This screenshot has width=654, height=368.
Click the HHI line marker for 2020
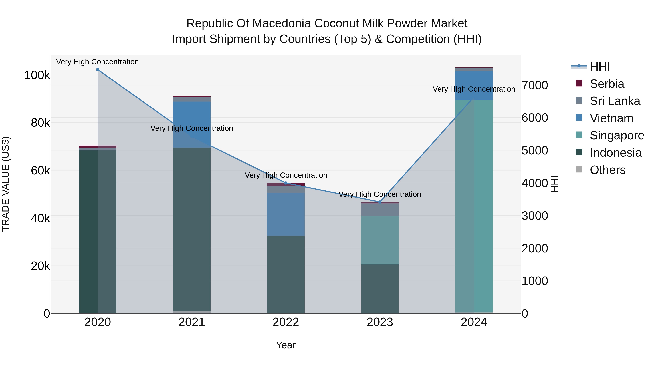point(98,70)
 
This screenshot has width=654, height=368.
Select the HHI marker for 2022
point(286,183)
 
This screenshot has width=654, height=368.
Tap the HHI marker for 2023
point(380,202)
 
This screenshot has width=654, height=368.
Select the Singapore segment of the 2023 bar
point(380,240)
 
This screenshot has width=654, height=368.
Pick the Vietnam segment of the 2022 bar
point(286,214)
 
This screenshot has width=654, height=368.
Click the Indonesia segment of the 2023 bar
point(380,289)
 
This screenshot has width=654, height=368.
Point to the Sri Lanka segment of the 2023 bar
point(380,210)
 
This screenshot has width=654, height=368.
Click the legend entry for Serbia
point(607,84)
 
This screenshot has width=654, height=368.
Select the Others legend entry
point(607,170)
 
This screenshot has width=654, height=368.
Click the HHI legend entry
point(600,67)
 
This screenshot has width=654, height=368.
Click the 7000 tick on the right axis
point(535,85)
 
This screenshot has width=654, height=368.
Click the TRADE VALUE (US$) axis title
point(6,184)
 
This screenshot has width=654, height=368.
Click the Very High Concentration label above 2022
point(286,175)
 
